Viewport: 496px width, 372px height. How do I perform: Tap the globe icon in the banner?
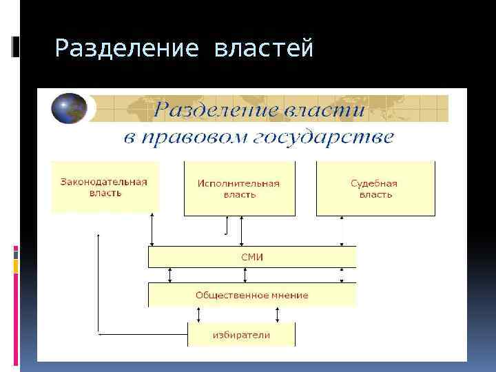69,108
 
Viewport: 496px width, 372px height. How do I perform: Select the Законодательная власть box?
104,187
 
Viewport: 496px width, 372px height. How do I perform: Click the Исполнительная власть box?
239,189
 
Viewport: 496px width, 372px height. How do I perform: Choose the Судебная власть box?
375,189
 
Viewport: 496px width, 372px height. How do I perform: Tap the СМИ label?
252,258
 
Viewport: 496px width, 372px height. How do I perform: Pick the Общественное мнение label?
252,295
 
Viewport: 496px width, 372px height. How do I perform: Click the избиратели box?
241,335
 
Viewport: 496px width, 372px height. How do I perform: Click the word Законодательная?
104,182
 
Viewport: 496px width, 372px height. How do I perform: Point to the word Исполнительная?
238,183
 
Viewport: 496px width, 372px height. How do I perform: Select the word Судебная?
374,183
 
